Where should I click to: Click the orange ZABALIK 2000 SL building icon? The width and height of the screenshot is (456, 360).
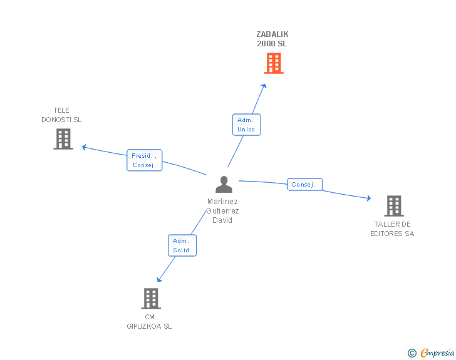pyautogui.click(x=273, y=63)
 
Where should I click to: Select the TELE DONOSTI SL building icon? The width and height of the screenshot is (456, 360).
pyautogui.click(x=63, y=139)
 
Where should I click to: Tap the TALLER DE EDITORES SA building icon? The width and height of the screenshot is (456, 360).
pyautogui.click(x=393, y=205)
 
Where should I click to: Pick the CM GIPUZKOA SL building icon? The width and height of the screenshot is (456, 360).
pyautogui.click(x=151, y=299)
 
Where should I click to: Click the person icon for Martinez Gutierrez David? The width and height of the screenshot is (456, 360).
pyautogui.click(x=224, y=184)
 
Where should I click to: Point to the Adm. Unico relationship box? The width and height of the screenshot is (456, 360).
pyautogui.click(x=246, y=125)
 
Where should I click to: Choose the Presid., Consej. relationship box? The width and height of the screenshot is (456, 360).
pyautogui.click(x=145, y=160)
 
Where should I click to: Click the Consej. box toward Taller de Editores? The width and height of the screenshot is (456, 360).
pyautogui.click(x=305, y=185)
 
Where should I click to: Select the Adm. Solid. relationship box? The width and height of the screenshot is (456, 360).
pyautogui.click(x=182, y=245)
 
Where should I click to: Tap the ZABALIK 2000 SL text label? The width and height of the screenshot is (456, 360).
pyautogui.click(x=272, y=39)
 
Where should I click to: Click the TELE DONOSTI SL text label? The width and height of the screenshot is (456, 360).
pyautogui.click(x=61, y=115)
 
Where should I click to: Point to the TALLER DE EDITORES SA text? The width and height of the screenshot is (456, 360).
pyautogui.click(x=392, y=229)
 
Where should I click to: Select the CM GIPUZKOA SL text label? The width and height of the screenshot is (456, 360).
pyautogui.click(x=149, y=321)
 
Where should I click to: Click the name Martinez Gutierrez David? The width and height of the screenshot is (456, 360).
pyautogui.click(x=222, y=211)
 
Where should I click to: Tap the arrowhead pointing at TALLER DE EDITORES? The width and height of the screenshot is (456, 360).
pyautogui.click(x=368, y=198)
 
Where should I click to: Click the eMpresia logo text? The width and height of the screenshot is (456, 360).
pyautogui.click(x=437, y=352)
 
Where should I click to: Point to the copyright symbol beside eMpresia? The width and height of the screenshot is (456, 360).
pyautogui.click(x=412, y=353)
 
